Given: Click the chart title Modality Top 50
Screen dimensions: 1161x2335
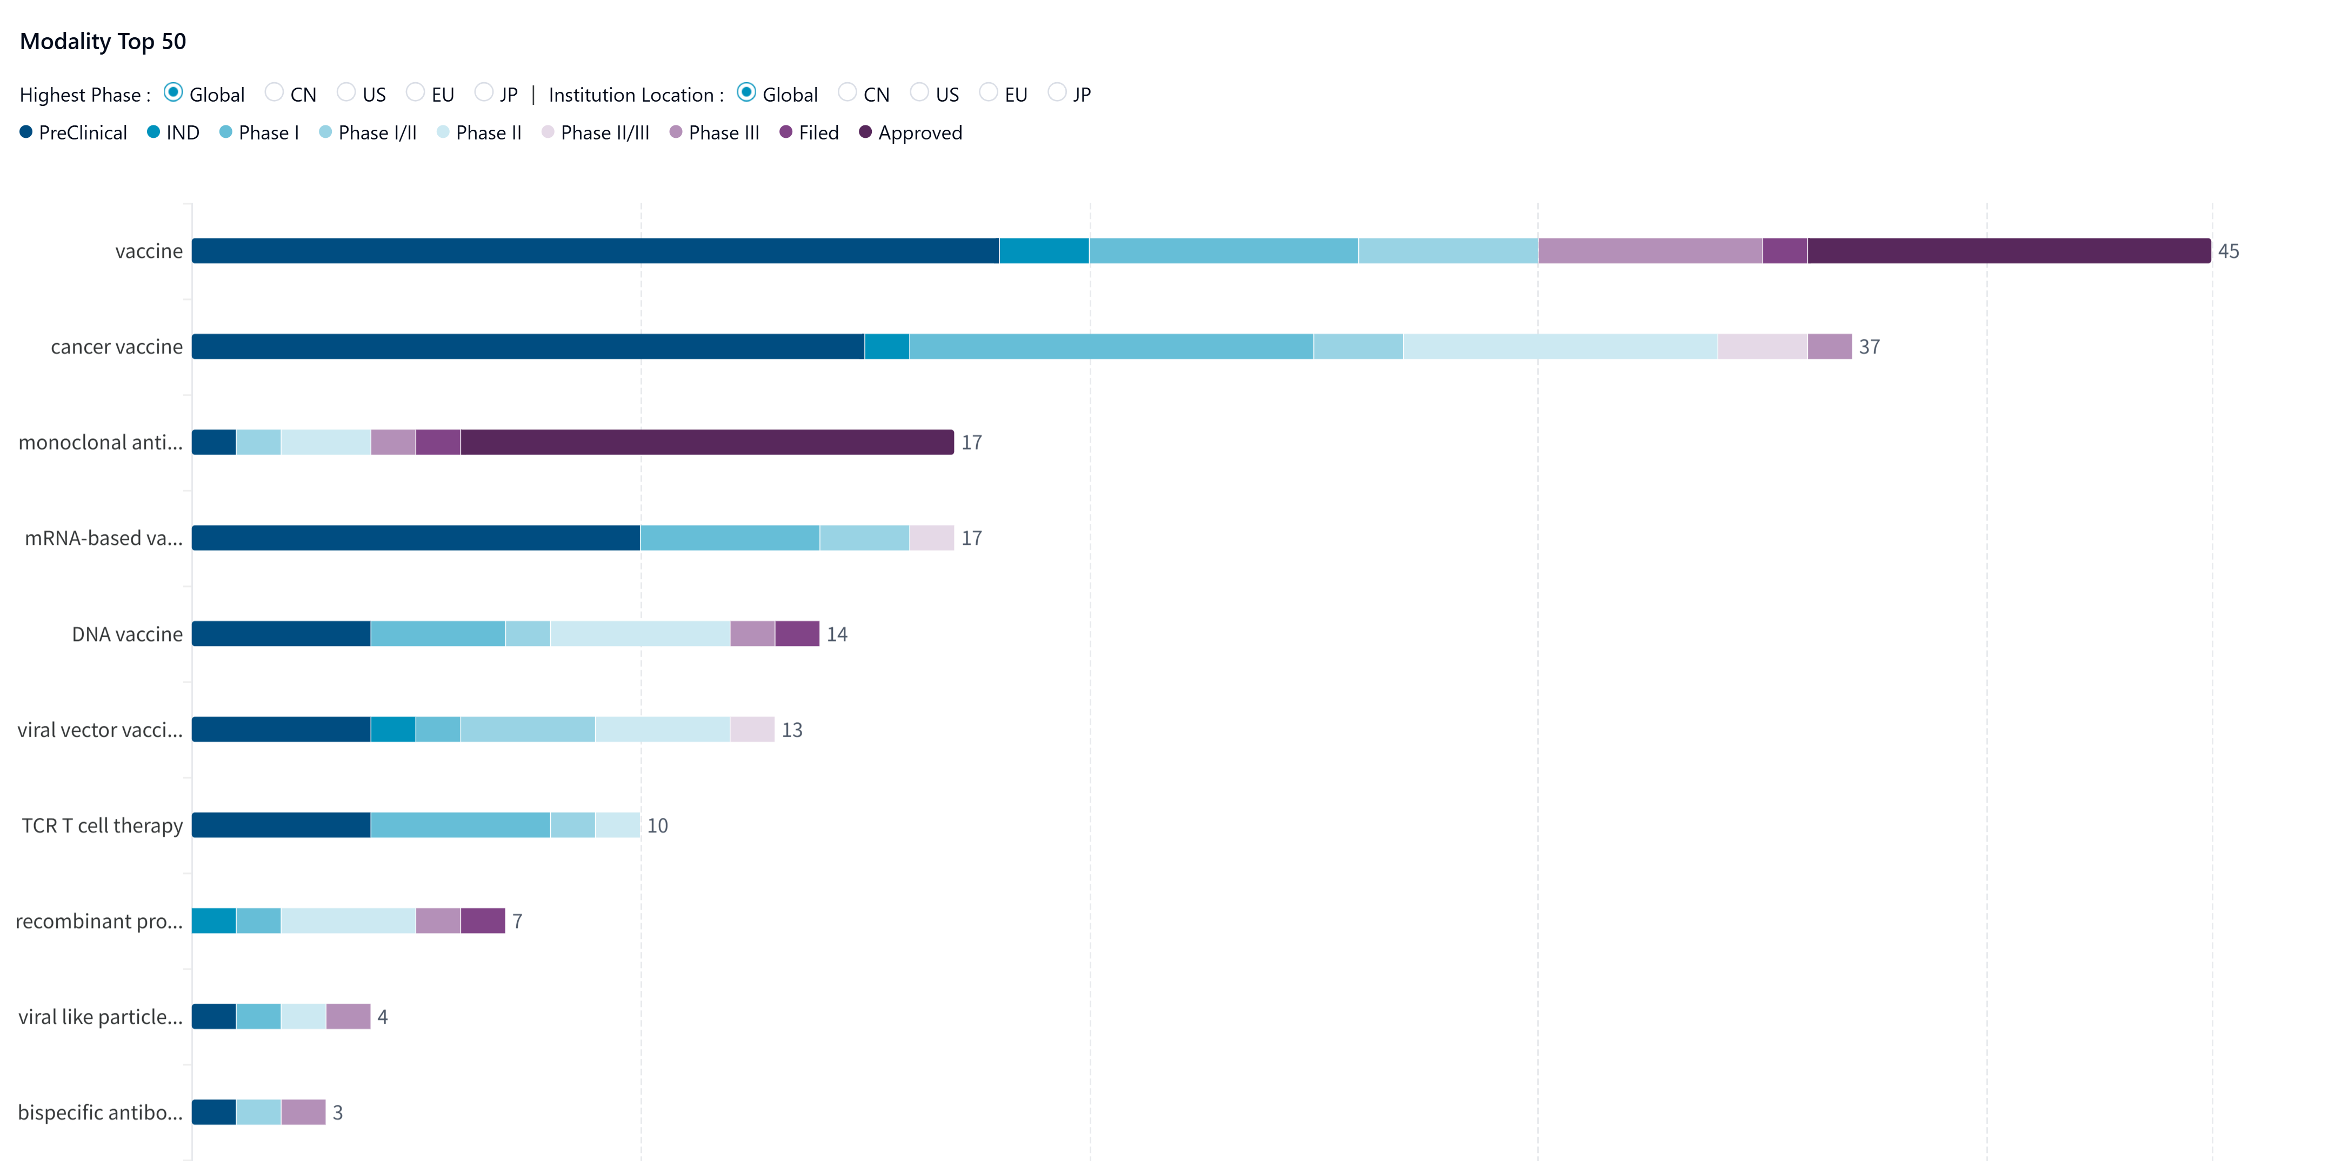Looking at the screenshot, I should pyautogui.click(x=103, y=42).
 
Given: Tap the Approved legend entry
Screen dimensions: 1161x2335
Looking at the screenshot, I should pyautogui.click(x=910, y=133).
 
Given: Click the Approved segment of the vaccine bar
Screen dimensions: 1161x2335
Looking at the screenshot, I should pyautogui.click(x=2008, y=251).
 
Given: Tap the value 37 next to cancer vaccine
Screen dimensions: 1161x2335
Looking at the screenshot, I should pyautogui.click(x=1869, y=347).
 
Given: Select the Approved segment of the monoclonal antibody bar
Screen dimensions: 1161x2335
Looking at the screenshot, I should pyautogui.click(x=707, y=442).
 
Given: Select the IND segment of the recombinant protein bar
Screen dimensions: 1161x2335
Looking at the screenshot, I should pyautogui.click(x=214, y=921).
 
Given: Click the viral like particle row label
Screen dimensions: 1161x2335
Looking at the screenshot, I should pyautogui.click(x=99, y=1017).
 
